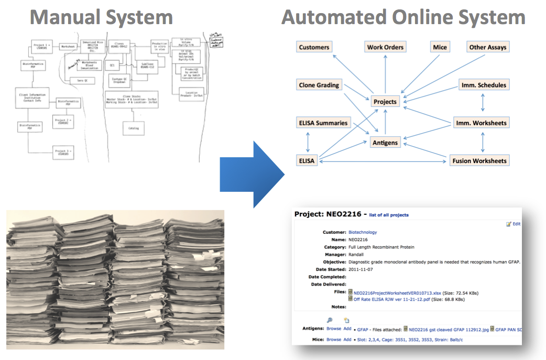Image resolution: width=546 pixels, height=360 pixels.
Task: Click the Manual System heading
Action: tap(102, 17)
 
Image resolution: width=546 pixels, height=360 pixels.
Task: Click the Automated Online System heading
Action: tap(403, 17)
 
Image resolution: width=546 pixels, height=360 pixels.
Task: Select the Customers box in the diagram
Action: tap(314, 47)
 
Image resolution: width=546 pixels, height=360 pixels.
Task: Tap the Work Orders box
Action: tap(385, 47)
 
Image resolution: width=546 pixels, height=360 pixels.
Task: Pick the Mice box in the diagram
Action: tap(440, 47)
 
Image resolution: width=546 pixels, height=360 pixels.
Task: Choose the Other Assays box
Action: tap(488, 47)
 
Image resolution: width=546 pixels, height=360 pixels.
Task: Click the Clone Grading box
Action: tap(319, 85)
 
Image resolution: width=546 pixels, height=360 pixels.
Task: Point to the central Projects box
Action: tap(385, 102)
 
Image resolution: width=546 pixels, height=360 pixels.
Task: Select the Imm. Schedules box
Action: tap(483, 85)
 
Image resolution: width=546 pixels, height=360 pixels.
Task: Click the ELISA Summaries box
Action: tap(323, 123)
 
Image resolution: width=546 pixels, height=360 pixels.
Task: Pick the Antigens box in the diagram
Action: tap(385, 143)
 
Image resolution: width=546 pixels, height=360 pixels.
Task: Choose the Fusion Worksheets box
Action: tap(479, 161)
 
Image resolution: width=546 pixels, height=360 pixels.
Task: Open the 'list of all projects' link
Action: tap(389, 215)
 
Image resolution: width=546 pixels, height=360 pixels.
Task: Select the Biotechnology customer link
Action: tap(363, 232)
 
